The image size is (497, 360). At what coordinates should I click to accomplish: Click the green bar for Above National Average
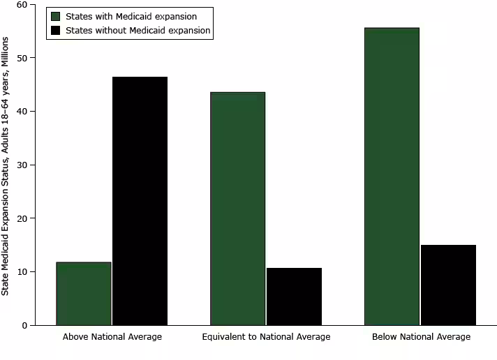[x=84, y=294]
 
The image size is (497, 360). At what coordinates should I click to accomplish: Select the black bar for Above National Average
[x=140, y=201]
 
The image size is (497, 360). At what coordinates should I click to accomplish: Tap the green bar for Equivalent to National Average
[x=237, y=209]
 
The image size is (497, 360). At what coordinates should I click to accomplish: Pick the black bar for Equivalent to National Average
[x=294, y=297]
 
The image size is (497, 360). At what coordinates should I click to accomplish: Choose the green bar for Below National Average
[x=392, y=177]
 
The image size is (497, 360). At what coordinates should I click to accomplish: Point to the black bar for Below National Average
[x=448, y=285]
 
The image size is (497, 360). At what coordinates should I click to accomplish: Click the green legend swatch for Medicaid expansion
[x=56, y=16]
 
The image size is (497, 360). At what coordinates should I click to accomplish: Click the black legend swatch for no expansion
[x=56, y=30]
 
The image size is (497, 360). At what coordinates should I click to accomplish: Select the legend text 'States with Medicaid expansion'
[x=131, y=16]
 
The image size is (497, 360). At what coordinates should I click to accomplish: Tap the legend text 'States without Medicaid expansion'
[x=138, y=30]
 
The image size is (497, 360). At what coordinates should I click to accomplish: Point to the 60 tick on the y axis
[x=31, y=5]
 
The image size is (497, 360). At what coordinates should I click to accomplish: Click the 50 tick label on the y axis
[x=31, y=58]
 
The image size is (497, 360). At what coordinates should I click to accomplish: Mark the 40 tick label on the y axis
[x=31, y=112]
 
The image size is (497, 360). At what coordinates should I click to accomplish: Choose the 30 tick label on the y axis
[x=31, y=165]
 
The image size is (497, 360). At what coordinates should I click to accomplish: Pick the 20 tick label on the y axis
[x=31, y=218]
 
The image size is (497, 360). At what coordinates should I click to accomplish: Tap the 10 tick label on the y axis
[x=31, y=272]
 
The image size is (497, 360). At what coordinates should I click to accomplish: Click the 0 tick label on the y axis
[x=34, y=325]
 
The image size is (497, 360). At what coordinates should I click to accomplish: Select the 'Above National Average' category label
[x=112, y=337]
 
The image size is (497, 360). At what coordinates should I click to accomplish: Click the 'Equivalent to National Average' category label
[x=266, y=337]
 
